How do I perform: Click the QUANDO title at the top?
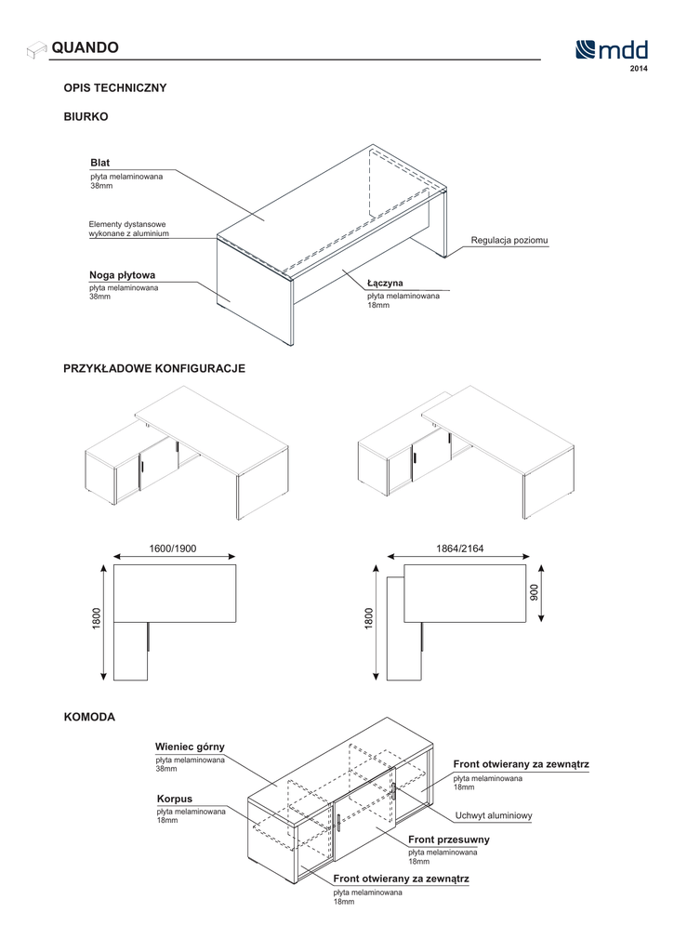pyautogui.click(x=85, y=47)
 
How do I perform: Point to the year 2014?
pyautogui.click(x=639, y=70)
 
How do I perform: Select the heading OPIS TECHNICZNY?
pyautogui.click(x=115, y=88)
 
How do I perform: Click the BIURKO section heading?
pyautogui.click(x=86, y=118)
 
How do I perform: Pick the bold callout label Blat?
pyautogui.click(x=99, y=163)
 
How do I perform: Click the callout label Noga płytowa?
pyautogui.click(x=122, y=275)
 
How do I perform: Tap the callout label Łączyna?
pyautogui.click(x=385, y=283)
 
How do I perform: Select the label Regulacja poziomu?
pyautogui.click(x=509, y=241)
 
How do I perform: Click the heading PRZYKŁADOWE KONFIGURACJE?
pyautogui.click(x=154, y=369)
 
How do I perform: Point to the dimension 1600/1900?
pyautogui.click(x=173, y=549)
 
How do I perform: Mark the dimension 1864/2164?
pyautogui.click(x=460, y=549)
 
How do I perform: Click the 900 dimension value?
pyautogui.click(x=534, y=591)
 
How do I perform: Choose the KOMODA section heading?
pyautogui.click(x=89, y=718)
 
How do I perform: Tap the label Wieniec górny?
pyautogui.click(x=191, y=747)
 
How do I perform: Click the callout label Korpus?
pyautogui.click(x=175, y=799)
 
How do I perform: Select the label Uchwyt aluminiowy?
pyautogui.click(x=494, y=816)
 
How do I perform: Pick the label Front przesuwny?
pyautogui.click(x=449, y=840)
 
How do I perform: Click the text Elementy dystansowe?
pyautogui.click(x=127, y=224)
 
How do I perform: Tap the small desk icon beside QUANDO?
pyautogui.click(x=36, y=48)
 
